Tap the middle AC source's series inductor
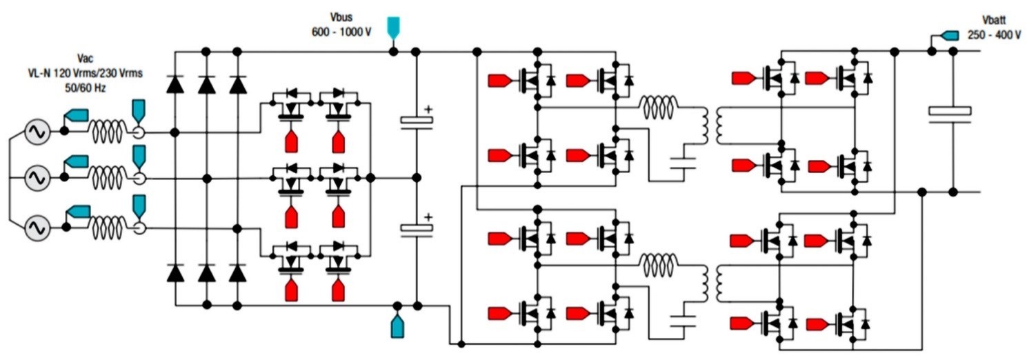pyautogui.click(x=108, y=178)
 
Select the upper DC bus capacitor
pyautogui.click(x=416, y=120)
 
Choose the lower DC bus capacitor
pyautogui.click(x=416, y=228)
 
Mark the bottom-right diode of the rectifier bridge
pyautogui.click(x=237, y=273)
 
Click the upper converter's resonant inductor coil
pyautogui.click(x=659, y=105)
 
